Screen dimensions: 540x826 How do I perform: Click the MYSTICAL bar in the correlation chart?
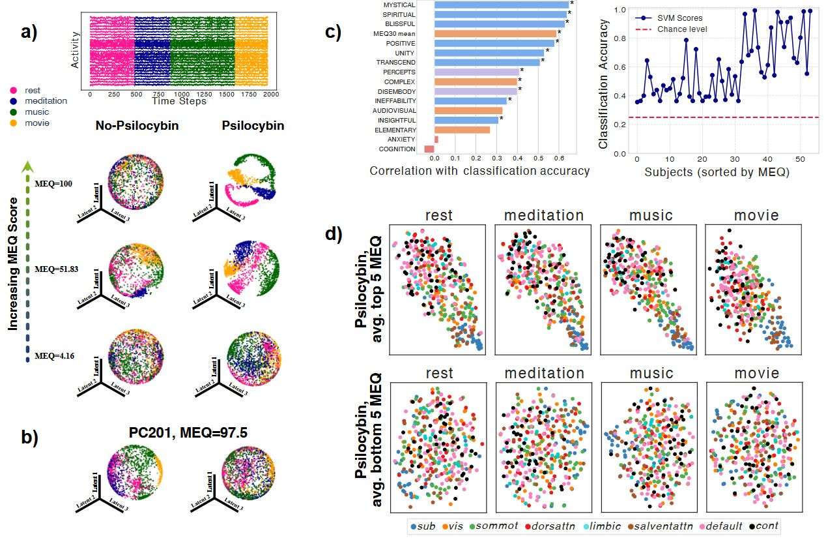[500, 5]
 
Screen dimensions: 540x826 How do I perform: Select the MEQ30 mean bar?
[495, 33]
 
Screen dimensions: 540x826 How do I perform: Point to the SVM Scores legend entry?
[679, 18]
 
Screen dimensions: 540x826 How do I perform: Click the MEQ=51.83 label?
[58, 269]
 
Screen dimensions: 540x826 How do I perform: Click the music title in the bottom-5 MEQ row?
[651, 373]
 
